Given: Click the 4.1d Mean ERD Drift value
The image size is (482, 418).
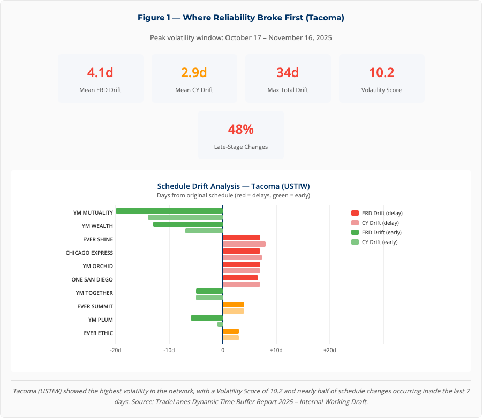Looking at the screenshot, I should [100, 73].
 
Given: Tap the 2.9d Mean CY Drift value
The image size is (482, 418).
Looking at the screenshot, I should [194, 73].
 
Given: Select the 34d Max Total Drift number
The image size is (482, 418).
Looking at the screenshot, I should [288, 73].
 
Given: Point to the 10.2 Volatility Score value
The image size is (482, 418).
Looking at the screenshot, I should [381, 73].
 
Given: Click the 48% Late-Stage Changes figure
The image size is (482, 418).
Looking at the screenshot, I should [240, 130].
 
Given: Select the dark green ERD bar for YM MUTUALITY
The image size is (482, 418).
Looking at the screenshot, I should [169, 211].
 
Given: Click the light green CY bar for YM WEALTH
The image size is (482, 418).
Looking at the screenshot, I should [204, 231].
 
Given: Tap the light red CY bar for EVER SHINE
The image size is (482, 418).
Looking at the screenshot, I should [244, 244].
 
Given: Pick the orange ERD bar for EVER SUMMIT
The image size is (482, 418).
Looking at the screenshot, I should [233, 305].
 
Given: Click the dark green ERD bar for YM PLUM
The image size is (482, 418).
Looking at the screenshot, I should [206, 318].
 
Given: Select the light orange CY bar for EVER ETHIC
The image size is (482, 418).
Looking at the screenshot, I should [230, 338].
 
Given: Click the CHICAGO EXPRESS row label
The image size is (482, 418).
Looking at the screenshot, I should [89, 253].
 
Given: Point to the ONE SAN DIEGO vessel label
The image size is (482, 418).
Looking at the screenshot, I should [92, 279].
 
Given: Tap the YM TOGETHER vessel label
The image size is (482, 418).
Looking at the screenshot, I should [94, 293].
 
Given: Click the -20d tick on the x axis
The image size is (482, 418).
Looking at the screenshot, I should [115, 350].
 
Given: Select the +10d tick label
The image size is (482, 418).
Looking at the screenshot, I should [276, 350].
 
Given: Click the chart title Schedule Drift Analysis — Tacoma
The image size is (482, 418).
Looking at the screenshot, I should [233, 186].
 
